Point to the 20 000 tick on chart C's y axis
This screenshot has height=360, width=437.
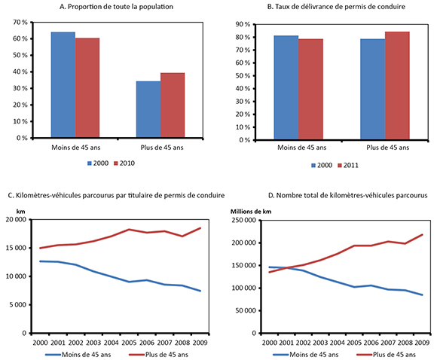tap(15, 220)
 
